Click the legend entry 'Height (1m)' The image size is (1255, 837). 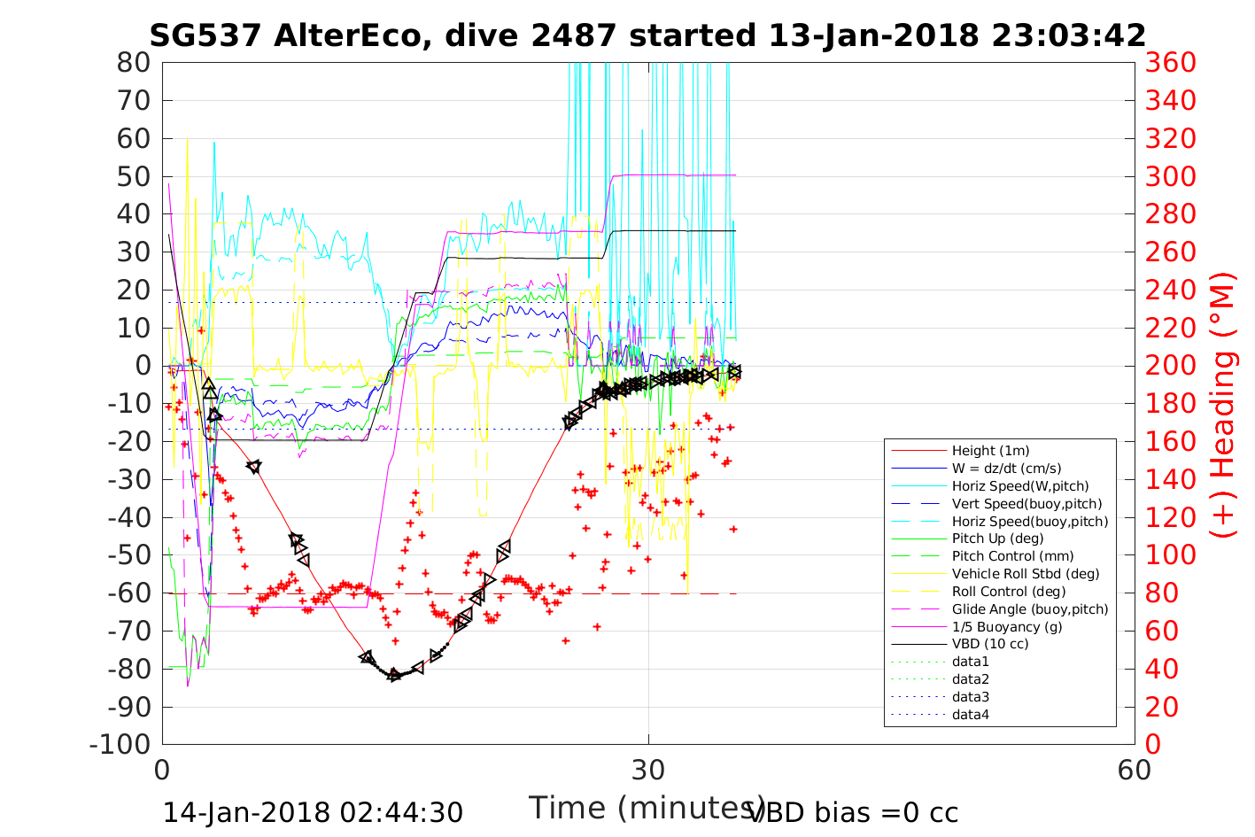pos(990,451)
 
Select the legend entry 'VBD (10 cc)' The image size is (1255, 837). pos(990,644)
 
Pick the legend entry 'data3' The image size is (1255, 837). pos(971,697)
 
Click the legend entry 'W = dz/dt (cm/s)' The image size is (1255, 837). pos(1006,469)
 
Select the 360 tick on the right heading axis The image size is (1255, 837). pos(1171,63)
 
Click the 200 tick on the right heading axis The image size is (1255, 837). pos(1171,366)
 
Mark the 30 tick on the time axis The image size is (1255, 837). pos(648,770)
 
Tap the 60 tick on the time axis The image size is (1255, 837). pos(1135,770)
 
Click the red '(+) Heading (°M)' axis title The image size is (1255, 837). pos(1223,404)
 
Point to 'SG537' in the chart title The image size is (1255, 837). pos(205,35)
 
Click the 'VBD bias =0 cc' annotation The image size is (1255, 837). pos(853,812)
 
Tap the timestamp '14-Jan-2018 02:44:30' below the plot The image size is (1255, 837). pos(313,812)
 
